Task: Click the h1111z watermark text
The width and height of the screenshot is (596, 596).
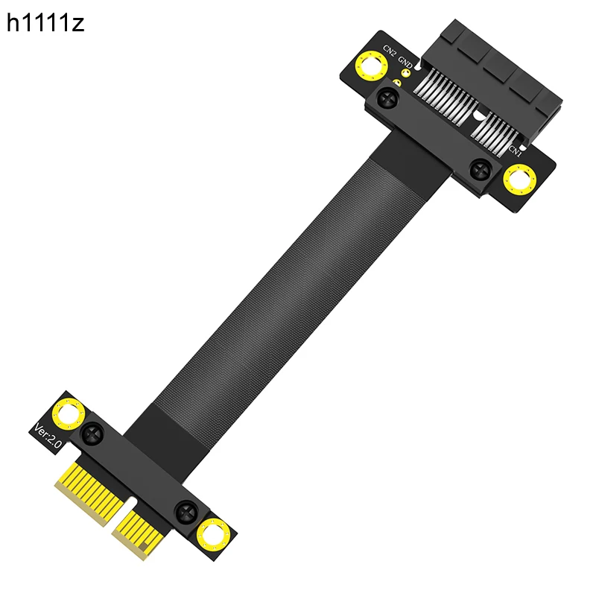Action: (x=45, y=24)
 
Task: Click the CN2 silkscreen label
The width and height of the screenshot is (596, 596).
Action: (x=390, y=54)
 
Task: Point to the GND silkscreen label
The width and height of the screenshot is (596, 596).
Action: (x=406, y=60)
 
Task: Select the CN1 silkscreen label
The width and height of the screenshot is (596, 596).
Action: (x=515, y=148)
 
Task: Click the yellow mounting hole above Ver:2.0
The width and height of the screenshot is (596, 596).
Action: (x=69, y=413)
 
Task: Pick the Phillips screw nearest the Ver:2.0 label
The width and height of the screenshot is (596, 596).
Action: (x=93, y=431)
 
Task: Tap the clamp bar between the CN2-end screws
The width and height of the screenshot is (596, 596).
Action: (x=432, y=134)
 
